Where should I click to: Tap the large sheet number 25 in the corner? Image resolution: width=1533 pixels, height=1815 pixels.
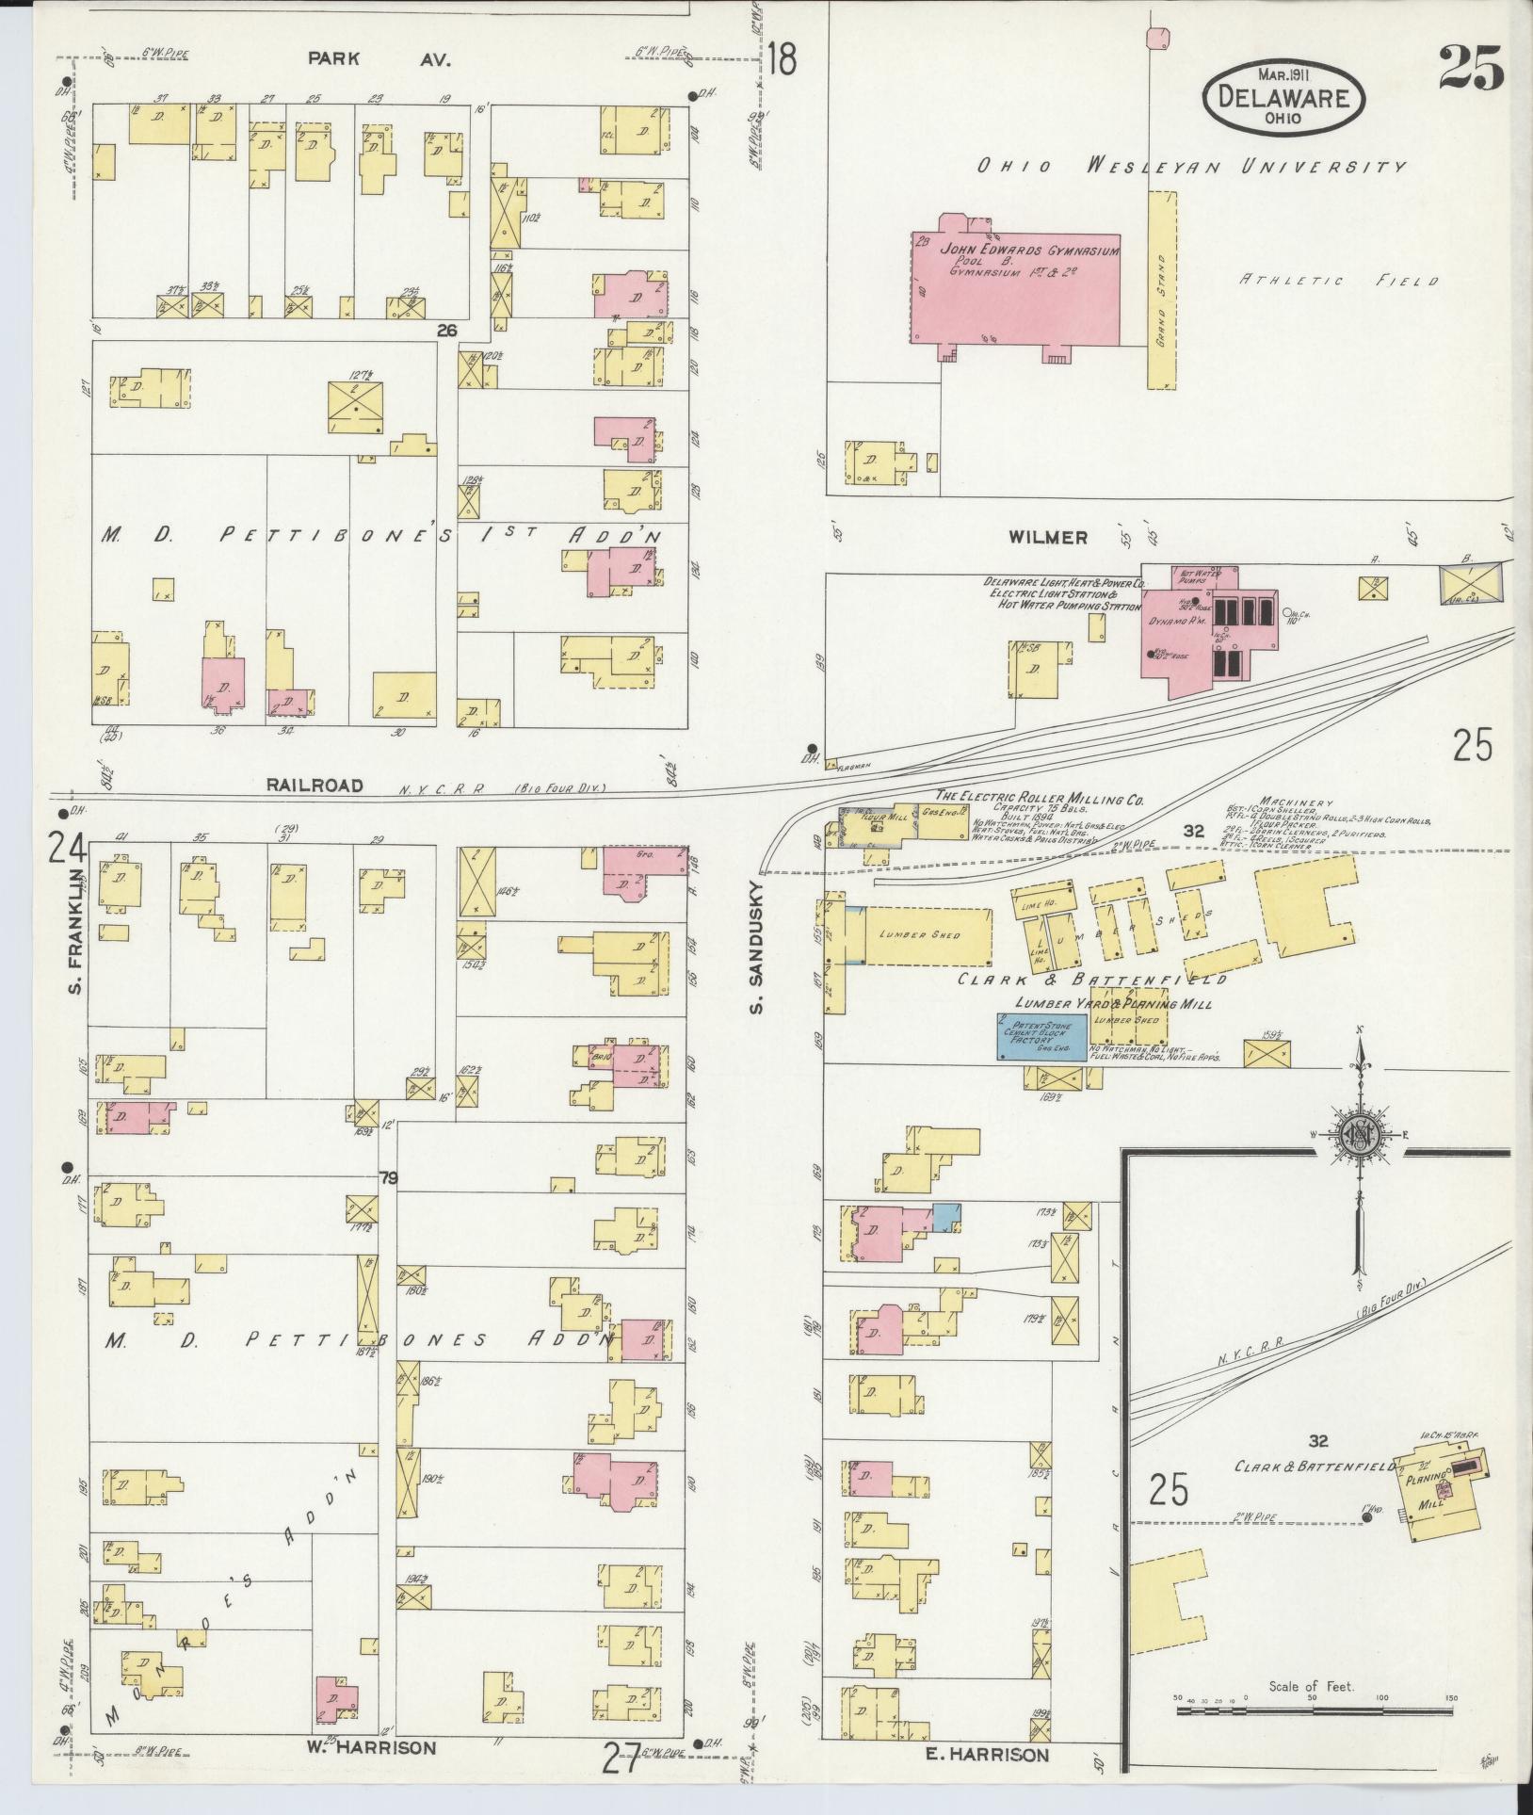coord(1472,67)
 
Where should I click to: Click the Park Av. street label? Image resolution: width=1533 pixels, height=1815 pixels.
coord(380,58)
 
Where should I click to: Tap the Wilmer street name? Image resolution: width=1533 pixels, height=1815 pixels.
coord(1049,538)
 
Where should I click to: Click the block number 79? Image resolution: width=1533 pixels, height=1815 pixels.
coord(386,1177)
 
